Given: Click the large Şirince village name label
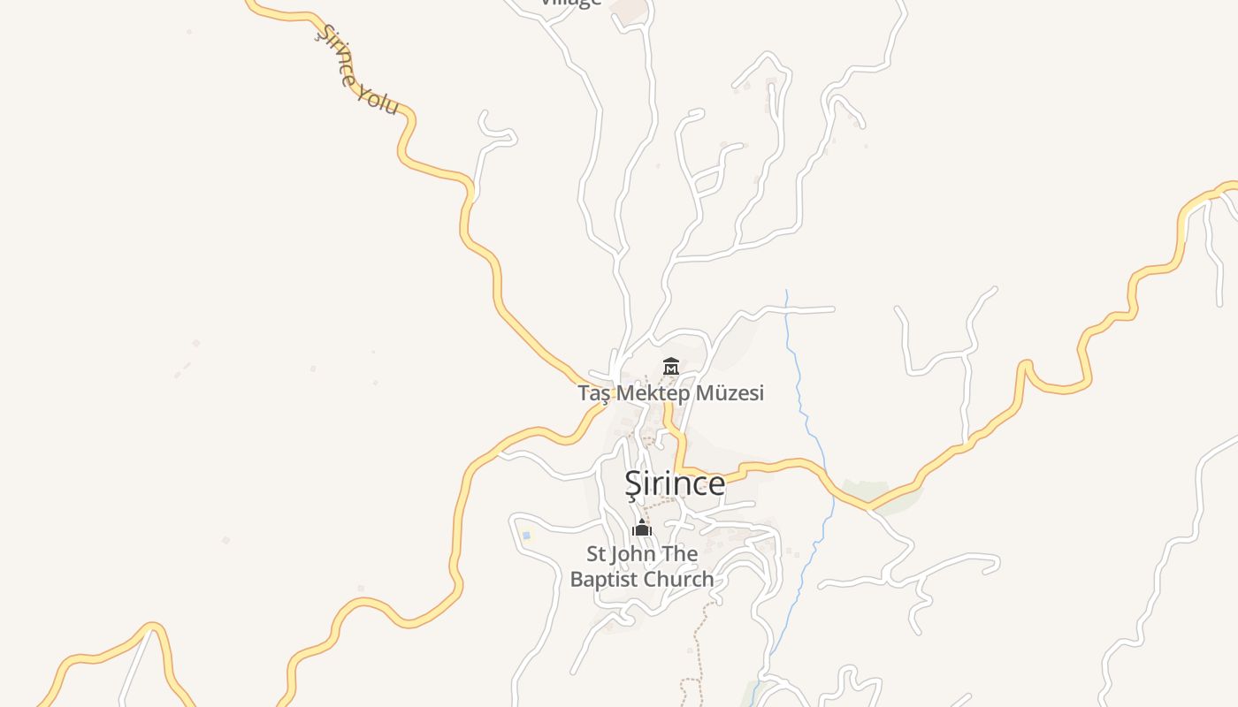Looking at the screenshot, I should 675,483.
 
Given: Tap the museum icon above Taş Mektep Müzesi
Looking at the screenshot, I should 671,366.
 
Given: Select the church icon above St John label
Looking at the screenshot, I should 642,528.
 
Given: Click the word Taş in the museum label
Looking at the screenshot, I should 594,393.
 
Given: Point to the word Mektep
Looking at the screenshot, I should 653,393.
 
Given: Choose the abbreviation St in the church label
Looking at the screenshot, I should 598,554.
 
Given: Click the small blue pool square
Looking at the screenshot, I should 526,535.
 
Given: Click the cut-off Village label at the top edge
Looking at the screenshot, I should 571,3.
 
